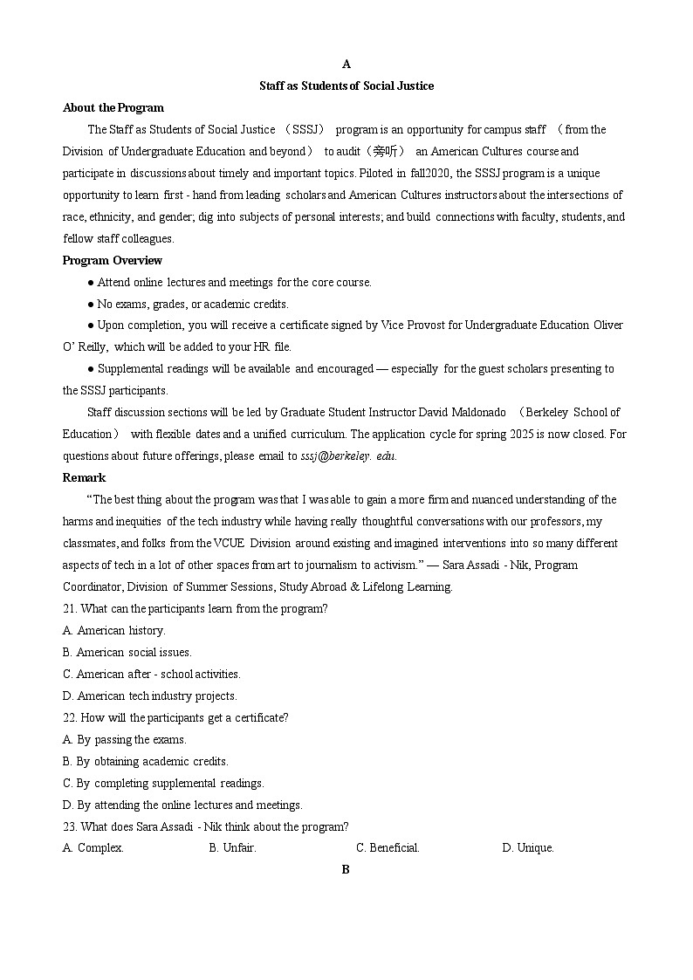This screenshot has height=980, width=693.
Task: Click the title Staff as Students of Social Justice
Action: pos(346,86)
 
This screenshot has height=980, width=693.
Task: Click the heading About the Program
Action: pos(113,107)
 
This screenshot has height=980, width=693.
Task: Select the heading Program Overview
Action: pos(112,260)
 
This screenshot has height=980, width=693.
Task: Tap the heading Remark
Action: pos(84,477)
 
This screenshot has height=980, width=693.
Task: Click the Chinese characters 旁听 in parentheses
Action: pos(385,151)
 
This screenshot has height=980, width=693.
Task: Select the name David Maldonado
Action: pos(463,412)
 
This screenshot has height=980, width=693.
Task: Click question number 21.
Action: pos(70,608)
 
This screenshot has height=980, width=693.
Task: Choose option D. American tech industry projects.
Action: pos(149,696)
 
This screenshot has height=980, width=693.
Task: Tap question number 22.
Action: pos(70,717)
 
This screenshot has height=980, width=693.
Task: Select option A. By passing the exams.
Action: pos(124,739)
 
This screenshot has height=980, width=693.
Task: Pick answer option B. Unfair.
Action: pos(232,847)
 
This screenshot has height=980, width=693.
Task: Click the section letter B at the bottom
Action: pos(346,869)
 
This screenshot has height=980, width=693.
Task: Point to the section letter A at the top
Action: pos(346,64)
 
